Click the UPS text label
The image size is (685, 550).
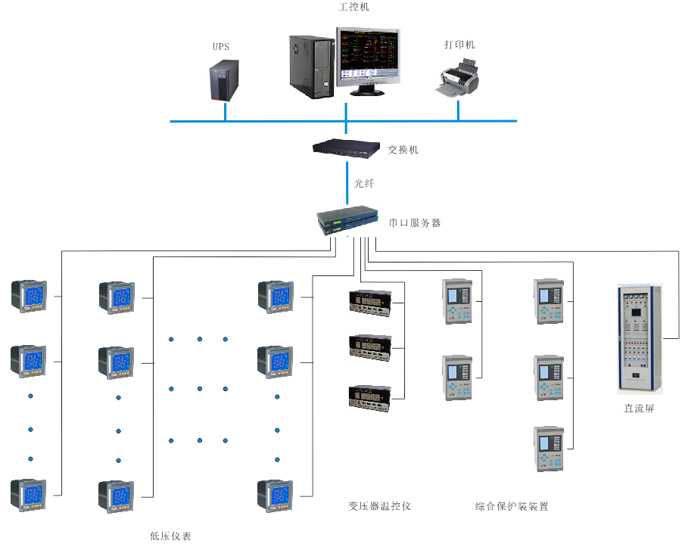(220, 47)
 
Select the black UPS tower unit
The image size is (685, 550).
(225, 81)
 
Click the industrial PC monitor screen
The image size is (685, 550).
(368, 56)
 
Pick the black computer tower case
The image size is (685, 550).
(310, 67)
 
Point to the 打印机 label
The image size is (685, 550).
(459, 45)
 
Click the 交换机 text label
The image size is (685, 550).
(403, 150)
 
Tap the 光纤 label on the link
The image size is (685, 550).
(364, 183)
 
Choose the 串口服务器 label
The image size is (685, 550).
(415, 223)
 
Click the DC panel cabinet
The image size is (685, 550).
(640, 337)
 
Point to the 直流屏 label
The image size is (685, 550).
(639, 409)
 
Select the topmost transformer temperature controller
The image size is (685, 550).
(372, 301)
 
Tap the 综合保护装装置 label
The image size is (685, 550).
(511, 506)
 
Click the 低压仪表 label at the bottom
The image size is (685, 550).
(170, 536)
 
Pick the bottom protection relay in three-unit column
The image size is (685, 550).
(550, 449)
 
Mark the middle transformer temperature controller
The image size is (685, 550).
(372, 346)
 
